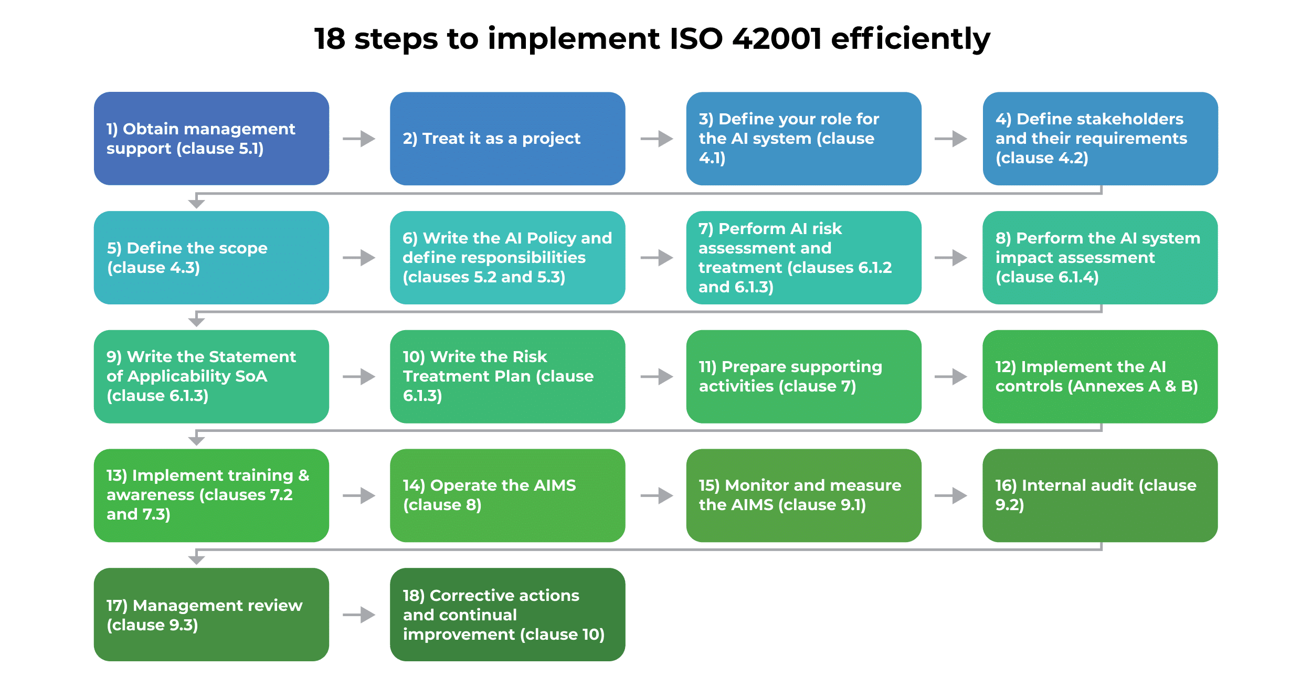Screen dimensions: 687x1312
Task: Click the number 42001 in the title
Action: click(777, 39)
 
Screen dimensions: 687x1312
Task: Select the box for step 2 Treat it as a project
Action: click(507, 139)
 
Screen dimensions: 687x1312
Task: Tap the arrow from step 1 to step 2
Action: click(359, 139)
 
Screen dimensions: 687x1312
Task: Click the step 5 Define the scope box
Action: click(211, 258)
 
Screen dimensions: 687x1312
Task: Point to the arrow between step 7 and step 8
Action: click(951, 258)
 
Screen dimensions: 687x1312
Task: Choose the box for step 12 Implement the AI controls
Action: click(1100, 376)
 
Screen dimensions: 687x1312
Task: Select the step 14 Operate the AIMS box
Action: click(507, 495)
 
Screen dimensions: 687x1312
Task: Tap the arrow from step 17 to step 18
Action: click(359, 615)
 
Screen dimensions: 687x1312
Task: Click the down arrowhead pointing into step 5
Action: click(196, 204)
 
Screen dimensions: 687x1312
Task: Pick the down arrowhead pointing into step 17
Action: click(196, 560)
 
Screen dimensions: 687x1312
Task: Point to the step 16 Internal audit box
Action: click(1100, 495)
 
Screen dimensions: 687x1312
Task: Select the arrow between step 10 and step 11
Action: click(657, 376)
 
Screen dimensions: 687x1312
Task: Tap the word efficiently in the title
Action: click(911, 39)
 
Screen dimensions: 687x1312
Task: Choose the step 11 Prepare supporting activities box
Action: click(803, 376)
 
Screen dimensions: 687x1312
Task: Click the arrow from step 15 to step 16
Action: click(951, 495)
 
